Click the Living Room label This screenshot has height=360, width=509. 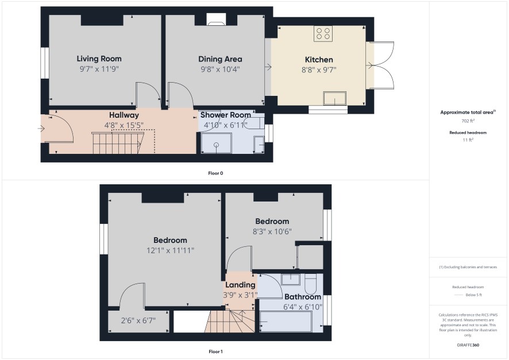coord(99,59)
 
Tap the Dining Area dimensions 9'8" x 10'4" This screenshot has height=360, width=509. coord(220,69)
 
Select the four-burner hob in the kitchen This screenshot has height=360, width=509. coord(323,33)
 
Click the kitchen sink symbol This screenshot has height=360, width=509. coord(335,98)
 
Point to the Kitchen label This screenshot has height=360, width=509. coord(319,60)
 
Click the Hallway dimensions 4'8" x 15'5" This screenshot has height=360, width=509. coord(124,125)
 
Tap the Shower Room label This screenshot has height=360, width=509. coord(226,115)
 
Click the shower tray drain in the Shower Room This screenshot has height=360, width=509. coord(217,145)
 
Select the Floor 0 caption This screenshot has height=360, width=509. coord(215,173)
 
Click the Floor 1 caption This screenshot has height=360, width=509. coord(215,351)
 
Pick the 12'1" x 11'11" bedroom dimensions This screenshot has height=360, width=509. coord(170,250)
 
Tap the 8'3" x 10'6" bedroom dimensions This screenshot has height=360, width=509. coord(272,231)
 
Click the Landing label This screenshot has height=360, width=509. coord(240,285)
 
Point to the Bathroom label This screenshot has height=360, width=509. coord(303,297)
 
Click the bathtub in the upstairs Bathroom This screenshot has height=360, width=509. coord(286,322)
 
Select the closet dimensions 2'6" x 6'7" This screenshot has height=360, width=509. coord(138,320)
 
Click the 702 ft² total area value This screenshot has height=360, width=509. coord(468,121)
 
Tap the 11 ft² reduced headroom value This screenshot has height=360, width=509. coord(468,140)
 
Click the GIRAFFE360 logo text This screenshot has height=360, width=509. coord(468,344)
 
